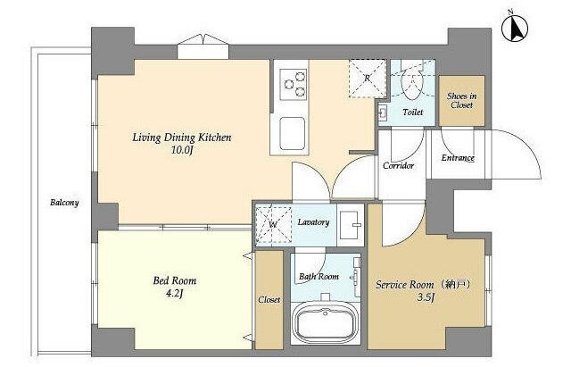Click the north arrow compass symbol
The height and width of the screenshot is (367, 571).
click(x=515, y=29)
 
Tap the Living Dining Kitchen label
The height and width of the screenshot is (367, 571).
click(x=182, y=138)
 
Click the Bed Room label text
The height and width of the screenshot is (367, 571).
click(x=175, y=280)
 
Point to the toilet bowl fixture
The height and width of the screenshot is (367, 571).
click(x=412, y=83)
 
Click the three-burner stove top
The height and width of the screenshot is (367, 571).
click(x=294, y=85)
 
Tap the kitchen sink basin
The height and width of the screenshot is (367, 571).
click(x=292, y=133)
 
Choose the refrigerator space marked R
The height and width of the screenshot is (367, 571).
click(x=367, y=79)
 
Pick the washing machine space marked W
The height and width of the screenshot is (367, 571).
click(x=273, y=225)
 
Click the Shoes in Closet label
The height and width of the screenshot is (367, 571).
click(x=462, y=101)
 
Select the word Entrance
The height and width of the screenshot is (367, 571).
click(x=458, y=158)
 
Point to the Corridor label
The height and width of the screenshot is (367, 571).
click(x=399, y=166)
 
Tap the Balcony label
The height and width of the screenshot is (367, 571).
click(x=64, y=203)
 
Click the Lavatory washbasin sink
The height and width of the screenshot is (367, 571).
click(x=351, y=225)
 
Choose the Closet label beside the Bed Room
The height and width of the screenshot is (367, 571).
click(x=269, y=300)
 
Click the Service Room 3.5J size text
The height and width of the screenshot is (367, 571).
click(x=426, y=298)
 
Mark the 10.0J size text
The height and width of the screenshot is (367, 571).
click(x=182, y=150)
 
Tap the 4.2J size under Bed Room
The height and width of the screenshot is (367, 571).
click(x=174, y=293)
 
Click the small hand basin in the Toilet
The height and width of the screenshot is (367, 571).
click(x=383, y=113)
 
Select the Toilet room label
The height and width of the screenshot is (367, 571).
click(x=413, y=113)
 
